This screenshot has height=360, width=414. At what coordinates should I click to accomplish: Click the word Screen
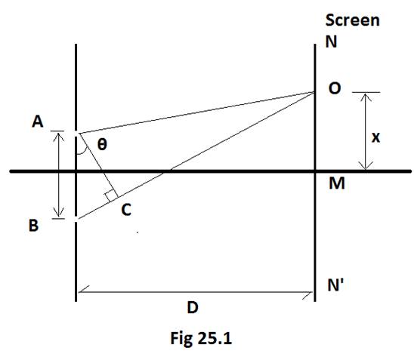coord(353,20)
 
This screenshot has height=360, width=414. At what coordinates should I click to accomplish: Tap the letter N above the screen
coord(331,42)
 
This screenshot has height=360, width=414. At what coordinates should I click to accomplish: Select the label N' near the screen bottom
coord(335,285)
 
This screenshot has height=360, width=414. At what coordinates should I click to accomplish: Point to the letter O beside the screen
coord(335,88)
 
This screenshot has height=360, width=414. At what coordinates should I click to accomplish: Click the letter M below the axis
coord(337,183)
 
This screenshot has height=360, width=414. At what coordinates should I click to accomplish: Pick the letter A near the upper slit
coord(38,122)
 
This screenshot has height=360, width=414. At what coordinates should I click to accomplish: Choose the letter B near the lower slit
coord(33,226)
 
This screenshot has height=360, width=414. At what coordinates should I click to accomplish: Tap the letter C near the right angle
coord(126,210)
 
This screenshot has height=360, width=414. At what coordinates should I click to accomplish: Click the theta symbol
coord(102,144)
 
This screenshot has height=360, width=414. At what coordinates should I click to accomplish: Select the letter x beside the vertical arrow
coord(375,137)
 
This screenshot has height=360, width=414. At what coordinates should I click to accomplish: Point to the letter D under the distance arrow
coord(193,307)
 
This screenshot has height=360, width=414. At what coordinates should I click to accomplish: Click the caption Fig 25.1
coord(201,338)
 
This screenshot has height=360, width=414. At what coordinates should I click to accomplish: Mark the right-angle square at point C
coord(111,196)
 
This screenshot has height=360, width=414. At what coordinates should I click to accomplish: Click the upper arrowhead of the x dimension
coord(366,96)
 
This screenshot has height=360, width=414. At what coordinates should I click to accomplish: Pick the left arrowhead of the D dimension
coord(82,290)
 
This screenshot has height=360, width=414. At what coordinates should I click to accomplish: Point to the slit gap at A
coord(76,134)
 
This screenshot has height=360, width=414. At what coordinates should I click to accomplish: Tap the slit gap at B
coord(76,220)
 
